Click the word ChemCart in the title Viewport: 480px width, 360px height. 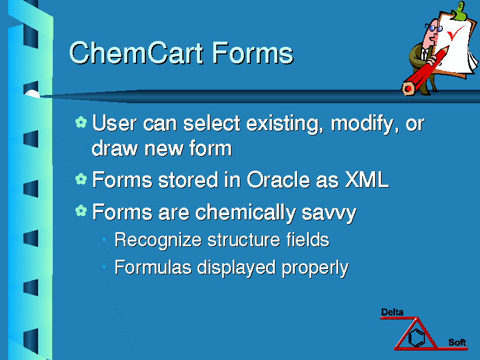click(x=136, y=53)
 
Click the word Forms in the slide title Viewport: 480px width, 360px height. click(x=253, y=53)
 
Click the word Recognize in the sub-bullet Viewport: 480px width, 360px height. click(x=158, y=240)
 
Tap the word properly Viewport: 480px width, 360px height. click(x=315, y=269)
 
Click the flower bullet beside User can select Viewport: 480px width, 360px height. click(x=81, y=122)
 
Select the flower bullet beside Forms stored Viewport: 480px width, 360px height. click(x=81, y=179)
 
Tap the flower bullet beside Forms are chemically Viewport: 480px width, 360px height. click(x=81, y=211)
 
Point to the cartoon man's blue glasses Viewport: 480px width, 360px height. click(x=435, y=29)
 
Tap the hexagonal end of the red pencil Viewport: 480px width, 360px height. click(x=408, y=88)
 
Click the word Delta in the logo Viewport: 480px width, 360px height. click(x=392, y=313)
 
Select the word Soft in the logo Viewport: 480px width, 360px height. click(x=457, y=342)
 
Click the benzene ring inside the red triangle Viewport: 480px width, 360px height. click(x=417, y=337)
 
